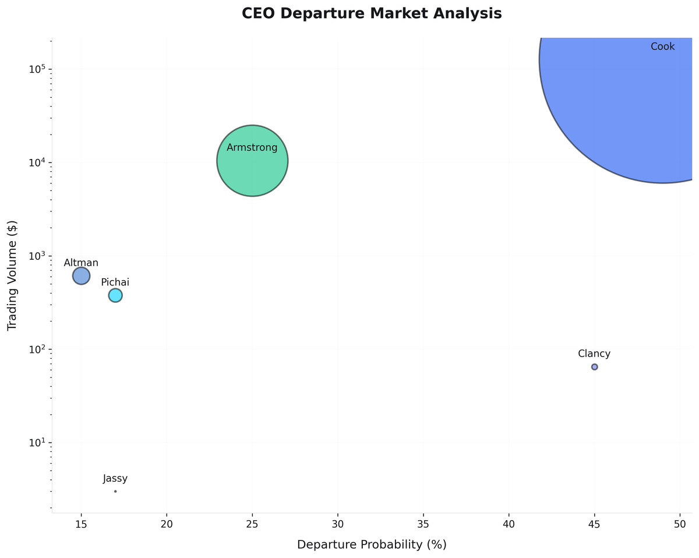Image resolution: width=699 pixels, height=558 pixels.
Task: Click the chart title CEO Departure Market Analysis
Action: [372, 13]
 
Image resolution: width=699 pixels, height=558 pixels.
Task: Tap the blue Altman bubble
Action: [81, 276]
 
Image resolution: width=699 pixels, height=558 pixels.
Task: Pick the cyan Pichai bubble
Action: [115, 295]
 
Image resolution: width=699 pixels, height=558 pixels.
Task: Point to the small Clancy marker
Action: [594, 367]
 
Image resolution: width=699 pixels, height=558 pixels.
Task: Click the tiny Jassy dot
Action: [115, 491]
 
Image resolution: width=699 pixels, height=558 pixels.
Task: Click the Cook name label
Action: [662, 47]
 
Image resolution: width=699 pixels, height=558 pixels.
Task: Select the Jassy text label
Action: [115, 479]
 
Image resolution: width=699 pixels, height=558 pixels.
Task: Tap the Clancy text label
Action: [594, 354]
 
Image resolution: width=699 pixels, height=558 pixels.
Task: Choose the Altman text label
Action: [81, 263]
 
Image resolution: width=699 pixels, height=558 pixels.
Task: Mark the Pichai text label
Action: [115, 282]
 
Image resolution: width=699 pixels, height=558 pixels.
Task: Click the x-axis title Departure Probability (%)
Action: [372, 545]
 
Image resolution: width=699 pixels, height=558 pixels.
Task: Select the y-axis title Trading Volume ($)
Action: [12, 276]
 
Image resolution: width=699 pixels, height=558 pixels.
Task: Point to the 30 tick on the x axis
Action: [338, 523]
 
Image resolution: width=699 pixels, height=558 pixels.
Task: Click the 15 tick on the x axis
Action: [81, 523]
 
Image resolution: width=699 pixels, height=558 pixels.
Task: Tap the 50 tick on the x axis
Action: [680, 523]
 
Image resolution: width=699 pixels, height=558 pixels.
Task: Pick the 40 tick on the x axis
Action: [509, 523]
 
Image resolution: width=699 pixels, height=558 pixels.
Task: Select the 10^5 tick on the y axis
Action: [37, 69]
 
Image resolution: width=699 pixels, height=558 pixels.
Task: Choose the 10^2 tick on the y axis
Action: [37, 349]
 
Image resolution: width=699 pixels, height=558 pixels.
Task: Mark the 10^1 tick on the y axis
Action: [37, 443]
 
